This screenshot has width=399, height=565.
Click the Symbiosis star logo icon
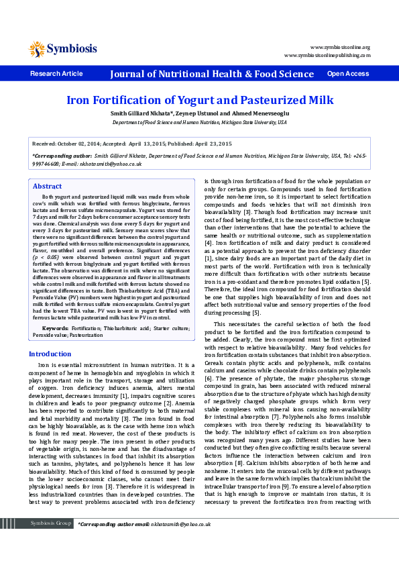tap(36, 48)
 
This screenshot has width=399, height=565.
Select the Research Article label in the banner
tap(56, 74)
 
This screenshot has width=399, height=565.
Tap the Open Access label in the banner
tap(347, 74)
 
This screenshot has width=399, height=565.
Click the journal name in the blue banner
tap(212, 74)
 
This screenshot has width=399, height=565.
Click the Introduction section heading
tap(50, 354)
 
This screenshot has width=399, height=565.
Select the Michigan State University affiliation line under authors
tap(199, 123)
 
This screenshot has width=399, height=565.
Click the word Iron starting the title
tap(79, 101)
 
